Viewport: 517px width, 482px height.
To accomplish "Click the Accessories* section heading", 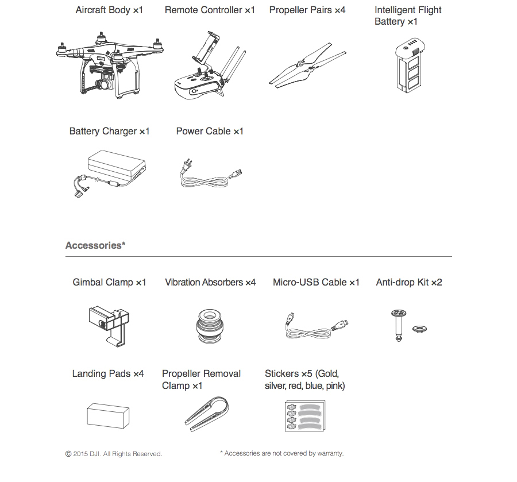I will (x=95, y=246).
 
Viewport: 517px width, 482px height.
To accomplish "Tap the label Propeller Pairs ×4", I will (x=307, y=10).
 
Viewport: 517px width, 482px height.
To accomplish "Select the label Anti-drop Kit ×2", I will (x=409, y=283).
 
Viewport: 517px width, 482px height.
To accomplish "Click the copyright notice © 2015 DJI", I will (x=114, y=454).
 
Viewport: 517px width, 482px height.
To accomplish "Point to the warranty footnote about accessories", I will (x=281, y=453).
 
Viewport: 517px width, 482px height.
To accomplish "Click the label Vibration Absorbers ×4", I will (x=210, y=283).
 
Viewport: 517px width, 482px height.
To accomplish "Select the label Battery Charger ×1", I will (x=109, y=132).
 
